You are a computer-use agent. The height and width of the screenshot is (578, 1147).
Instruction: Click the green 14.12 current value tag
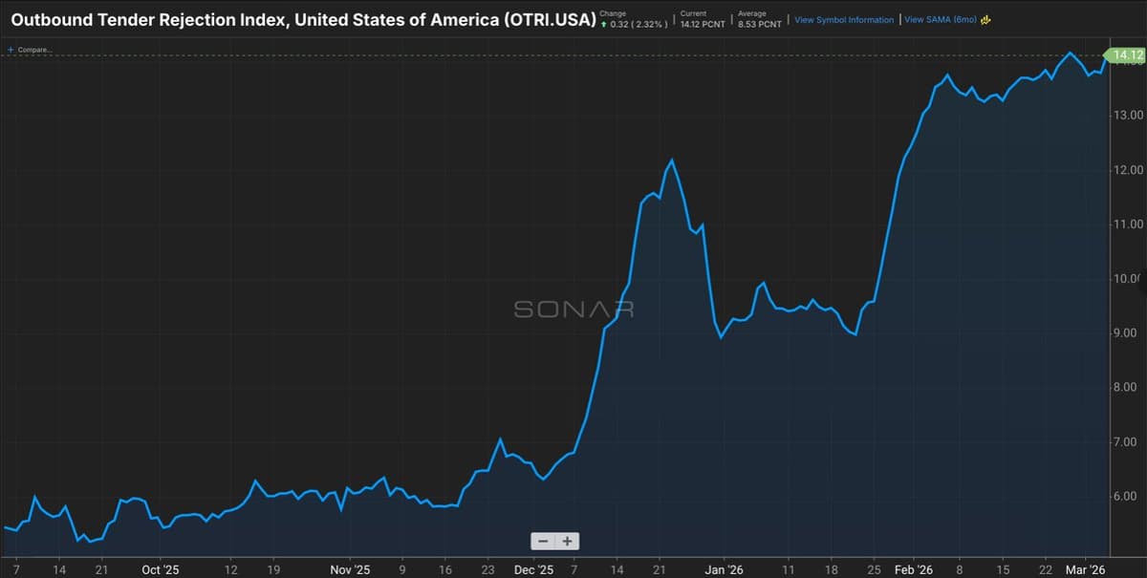(1123, 55)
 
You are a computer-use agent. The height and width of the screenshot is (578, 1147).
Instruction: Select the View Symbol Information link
(844, 19)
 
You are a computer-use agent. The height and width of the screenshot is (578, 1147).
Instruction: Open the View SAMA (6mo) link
(940, 19)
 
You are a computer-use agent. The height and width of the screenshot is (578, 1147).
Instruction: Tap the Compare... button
(31, 49)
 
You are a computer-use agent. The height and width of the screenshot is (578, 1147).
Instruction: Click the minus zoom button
(543, 541)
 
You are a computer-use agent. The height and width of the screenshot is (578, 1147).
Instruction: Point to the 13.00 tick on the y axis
(1128, 116)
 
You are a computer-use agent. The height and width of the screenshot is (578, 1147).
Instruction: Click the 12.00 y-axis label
(1128, 170)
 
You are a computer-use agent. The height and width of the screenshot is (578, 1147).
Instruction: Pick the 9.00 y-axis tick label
(1128, 333)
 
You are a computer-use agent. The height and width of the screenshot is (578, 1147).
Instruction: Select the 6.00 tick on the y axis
(1128, 497)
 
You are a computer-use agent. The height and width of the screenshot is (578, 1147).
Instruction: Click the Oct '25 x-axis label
(161, 569)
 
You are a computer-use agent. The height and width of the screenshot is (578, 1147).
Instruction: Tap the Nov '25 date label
(350, 569)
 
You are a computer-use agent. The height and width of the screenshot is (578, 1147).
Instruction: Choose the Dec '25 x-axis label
(533, 569)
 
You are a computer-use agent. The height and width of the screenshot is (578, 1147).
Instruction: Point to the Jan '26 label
(724, 569)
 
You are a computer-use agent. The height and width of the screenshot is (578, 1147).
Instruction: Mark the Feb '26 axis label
(913, 569)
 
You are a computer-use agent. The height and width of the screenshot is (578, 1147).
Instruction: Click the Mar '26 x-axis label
(1086, 569)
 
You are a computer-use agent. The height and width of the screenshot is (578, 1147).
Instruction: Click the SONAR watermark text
(573, 310)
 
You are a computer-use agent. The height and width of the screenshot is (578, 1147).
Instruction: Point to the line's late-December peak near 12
(671, 161)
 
